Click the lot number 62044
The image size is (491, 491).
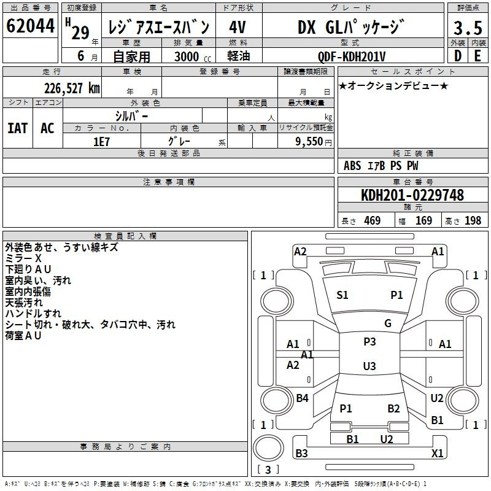point(30,26)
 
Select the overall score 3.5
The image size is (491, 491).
point(468,28)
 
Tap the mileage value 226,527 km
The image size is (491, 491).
point(72,88)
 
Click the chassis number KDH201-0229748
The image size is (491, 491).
point(412,195)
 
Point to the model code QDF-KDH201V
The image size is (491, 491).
point(351,56)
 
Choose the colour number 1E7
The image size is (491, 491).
point(101,142)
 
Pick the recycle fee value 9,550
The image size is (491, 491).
point(309,141)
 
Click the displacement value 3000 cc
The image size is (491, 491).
point(193,56)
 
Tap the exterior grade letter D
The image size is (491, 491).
point(458,56)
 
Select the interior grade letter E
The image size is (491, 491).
point(477,56)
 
